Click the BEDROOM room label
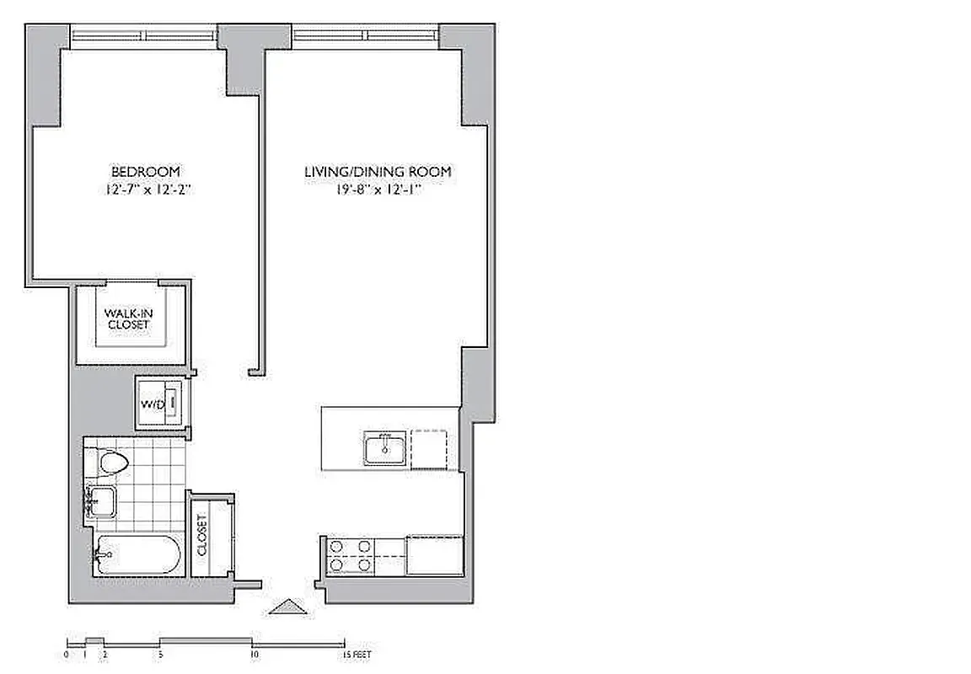146,171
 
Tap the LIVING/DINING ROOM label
378,172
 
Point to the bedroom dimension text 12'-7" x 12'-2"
146,190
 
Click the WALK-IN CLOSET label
128,318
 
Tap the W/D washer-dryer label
153,404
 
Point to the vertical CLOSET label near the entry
203,536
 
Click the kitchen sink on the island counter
386,448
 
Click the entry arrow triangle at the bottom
289,606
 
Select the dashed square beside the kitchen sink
429,448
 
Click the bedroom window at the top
145,35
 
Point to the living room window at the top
366,35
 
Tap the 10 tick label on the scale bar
253,654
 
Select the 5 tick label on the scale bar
160,654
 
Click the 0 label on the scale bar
66,654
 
